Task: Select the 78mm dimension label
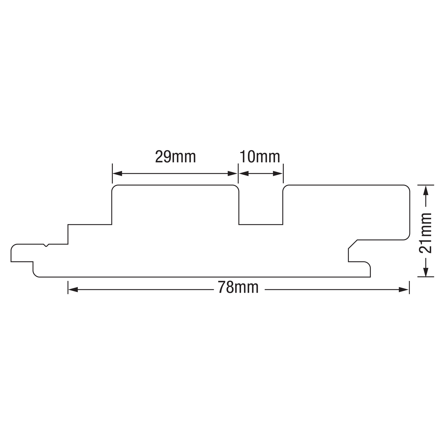pos(238,287)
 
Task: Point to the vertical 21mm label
pos(425,233)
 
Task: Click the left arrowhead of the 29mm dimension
pos(117,174)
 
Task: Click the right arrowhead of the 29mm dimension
pos(233,174)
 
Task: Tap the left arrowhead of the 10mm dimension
pos(244,174)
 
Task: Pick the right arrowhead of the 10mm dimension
pos(278,174)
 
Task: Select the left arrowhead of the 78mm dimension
pos(73,290)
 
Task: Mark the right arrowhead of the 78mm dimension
pos(404,290)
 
